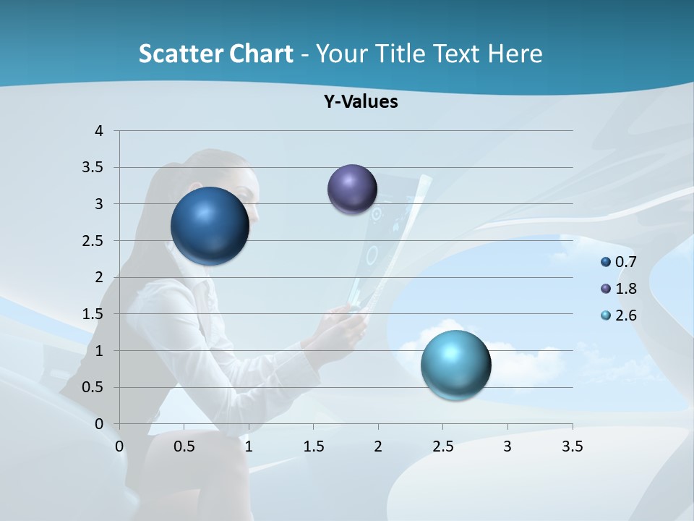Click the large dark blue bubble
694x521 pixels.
210,226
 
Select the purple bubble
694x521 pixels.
352,189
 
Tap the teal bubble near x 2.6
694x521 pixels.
455,365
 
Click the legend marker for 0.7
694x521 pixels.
606,262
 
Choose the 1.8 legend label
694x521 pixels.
625,289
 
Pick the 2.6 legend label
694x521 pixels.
625,315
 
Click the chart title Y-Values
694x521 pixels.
361,102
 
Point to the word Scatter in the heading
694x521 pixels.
180,54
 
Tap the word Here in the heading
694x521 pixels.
515,54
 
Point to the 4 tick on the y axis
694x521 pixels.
100,131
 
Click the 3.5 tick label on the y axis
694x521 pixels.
94,168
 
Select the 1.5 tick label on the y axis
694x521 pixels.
94,314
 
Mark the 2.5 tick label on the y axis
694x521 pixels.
94,241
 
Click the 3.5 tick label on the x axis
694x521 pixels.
572,446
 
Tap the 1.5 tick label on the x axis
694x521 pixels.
313,446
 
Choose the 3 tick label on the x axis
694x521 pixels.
507,446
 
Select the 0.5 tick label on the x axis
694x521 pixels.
184,446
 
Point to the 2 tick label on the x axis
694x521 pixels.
378,446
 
